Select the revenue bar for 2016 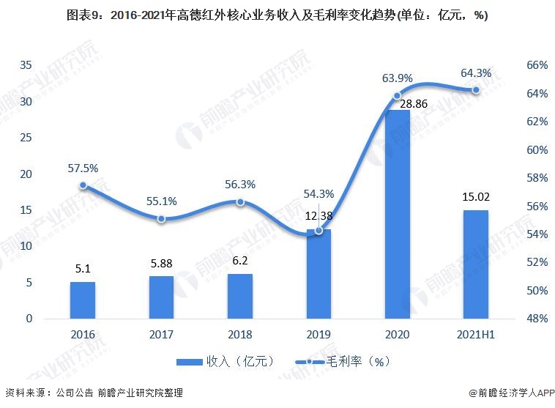[83, 300]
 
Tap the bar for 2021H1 [476, 264]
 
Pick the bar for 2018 [240, 296]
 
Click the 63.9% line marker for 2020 [398, 96]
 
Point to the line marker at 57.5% [83, 186]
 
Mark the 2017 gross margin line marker [161, 219]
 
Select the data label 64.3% [476, 73]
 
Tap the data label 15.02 [476, 196]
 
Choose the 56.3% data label [240, 185]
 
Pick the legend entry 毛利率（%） [344, 361]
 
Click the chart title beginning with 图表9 [277, 15]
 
